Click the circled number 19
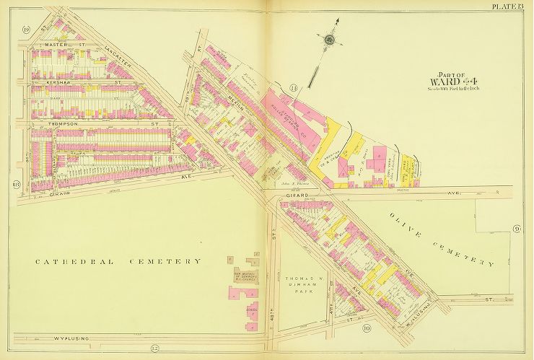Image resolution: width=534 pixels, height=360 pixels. click(25, 30)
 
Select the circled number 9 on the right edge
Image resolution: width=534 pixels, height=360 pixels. click(517, 229)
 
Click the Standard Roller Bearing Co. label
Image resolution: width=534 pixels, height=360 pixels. click(288, 113)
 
